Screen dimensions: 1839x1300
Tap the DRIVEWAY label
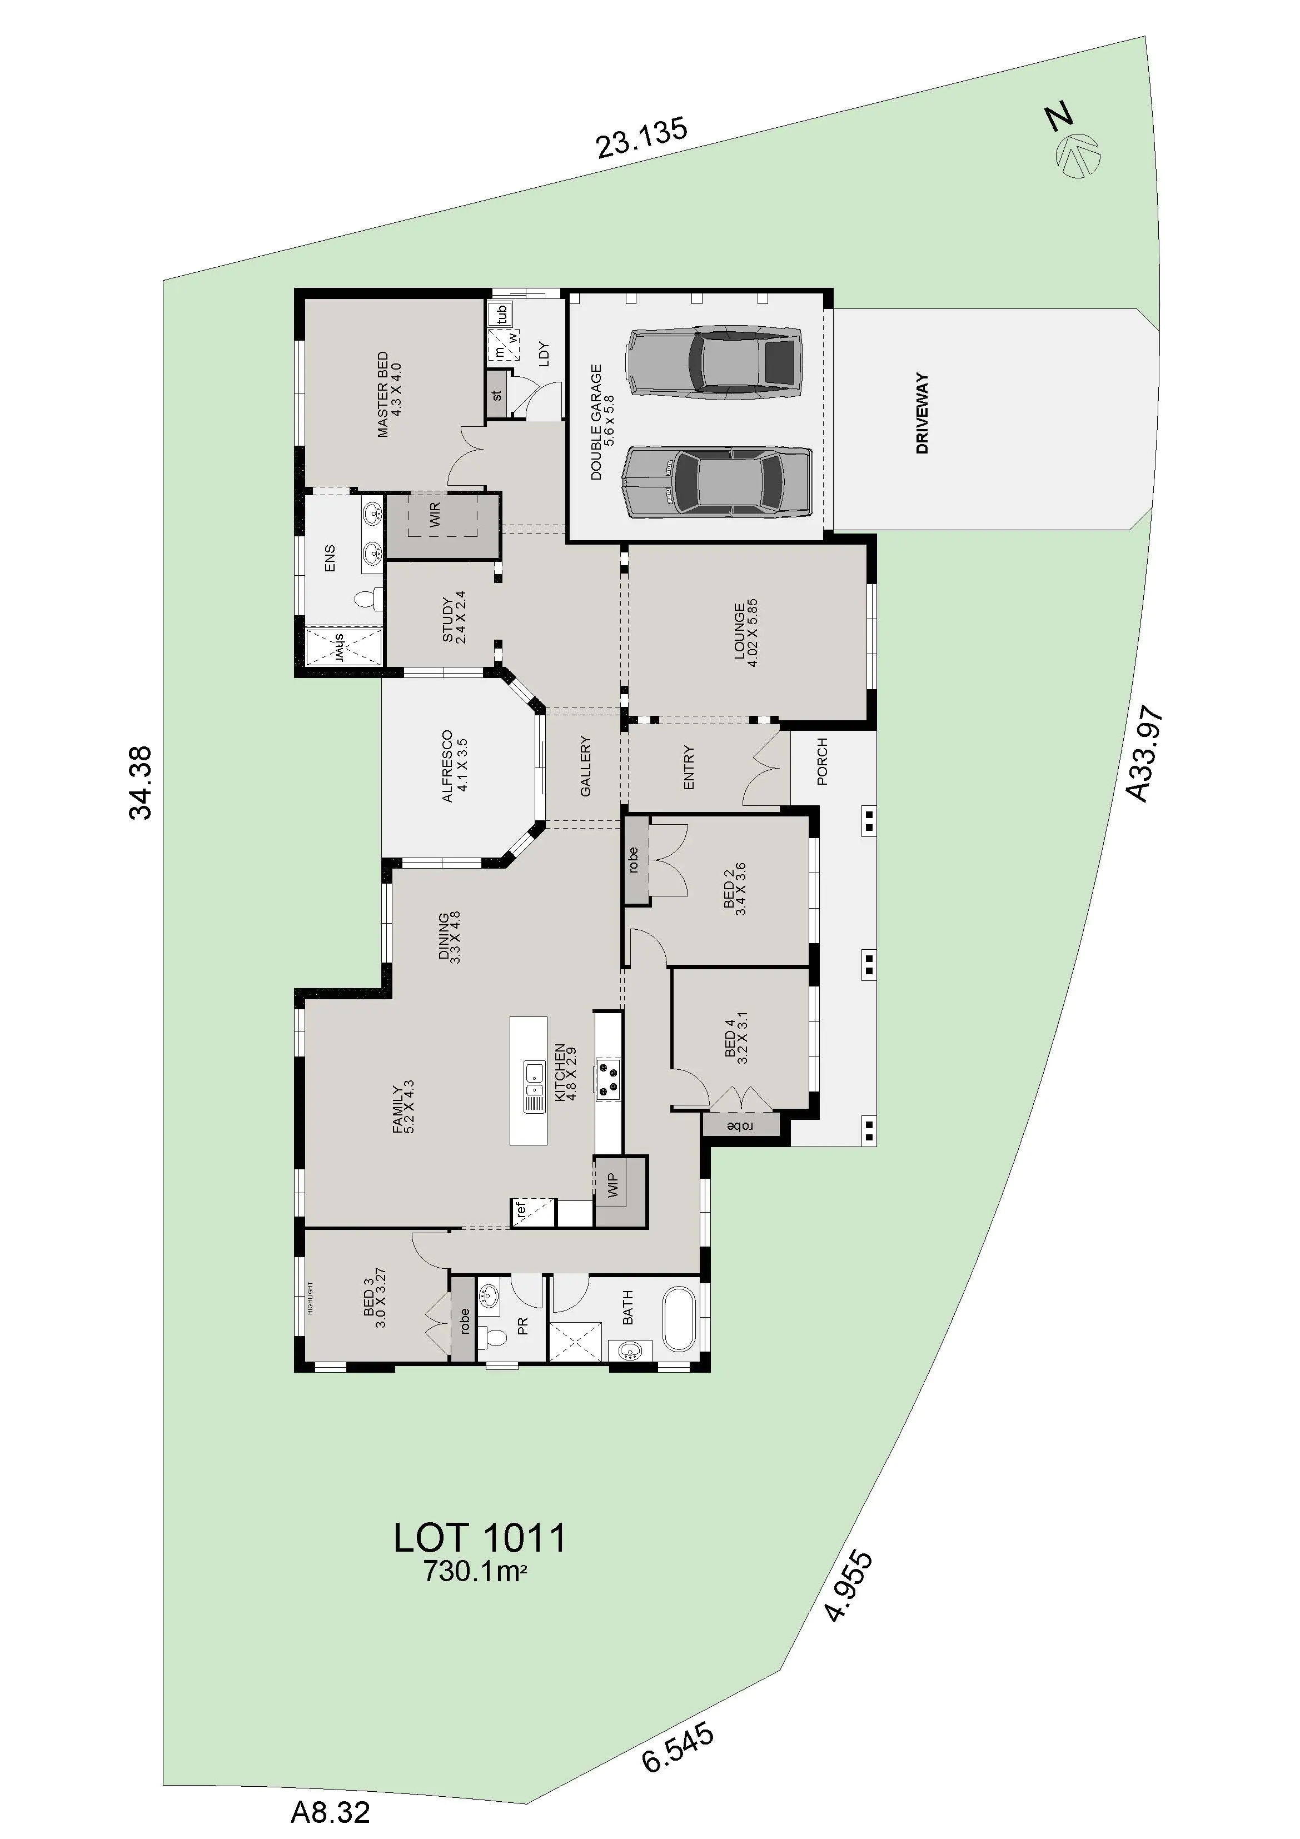[x=922, y=413]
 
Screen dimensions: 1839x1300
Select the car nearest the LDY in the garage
[x=715, y=361]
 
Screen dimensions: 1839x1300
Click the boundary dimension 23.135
[x=641, y=138]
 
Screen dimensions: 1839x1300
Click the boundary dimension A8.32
[x=330, y=1812]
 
